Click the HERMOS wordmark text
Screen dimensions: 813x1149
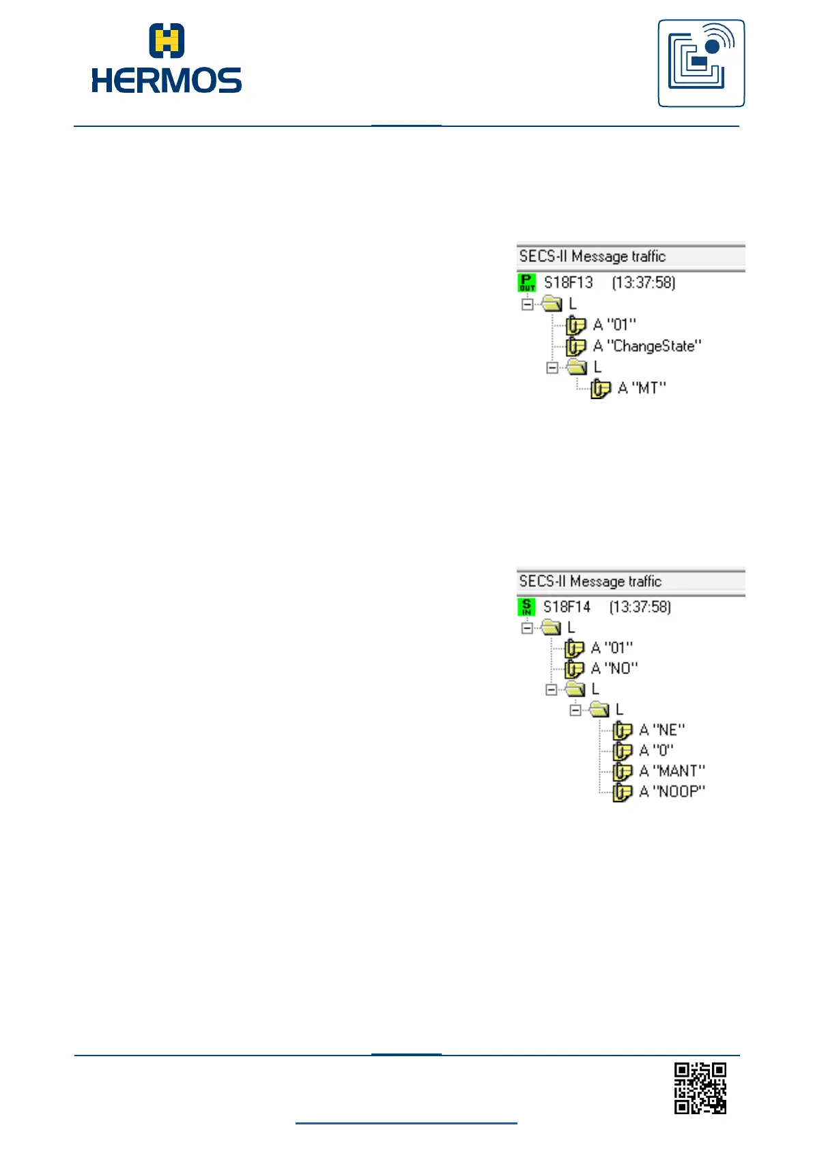point(167,80)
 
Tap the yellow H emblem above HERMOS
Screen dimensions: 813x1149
point(167,40)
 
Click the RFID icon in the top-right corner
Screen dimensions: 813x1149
point(701,63)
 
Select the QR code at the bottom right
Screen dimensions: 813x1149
point(700,1088)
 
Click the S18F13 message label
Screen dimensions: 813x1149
point(568,282)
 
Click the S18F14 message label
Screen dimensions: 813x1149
point(567,607)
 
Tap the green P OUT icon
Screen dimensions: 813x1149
point(527,282)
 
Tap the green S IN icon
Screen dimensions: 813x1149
point(526,607)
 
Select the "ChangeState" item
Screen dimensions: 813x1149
point(647,346)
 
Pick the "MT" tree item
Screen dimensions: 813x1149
point(642,388)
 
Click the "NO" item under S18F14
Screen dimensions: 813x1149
point(614,668)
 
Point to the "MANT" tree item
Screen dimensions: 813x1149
point(672,771)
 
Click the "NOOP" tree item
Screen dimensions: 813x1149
point(672,791)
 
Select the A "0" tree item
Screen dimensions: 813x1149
point(656,751)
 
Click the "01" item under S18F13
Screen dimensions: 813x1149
point(614,325)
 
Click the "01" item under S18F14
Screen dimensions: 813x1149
point(612,648)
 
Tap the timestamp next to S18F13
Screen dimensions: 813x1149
point(643,282)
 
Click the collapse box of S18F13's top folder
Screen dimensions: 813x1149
point(527,304)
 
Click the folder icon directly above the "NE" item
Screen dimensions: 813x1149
point(599,710)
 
